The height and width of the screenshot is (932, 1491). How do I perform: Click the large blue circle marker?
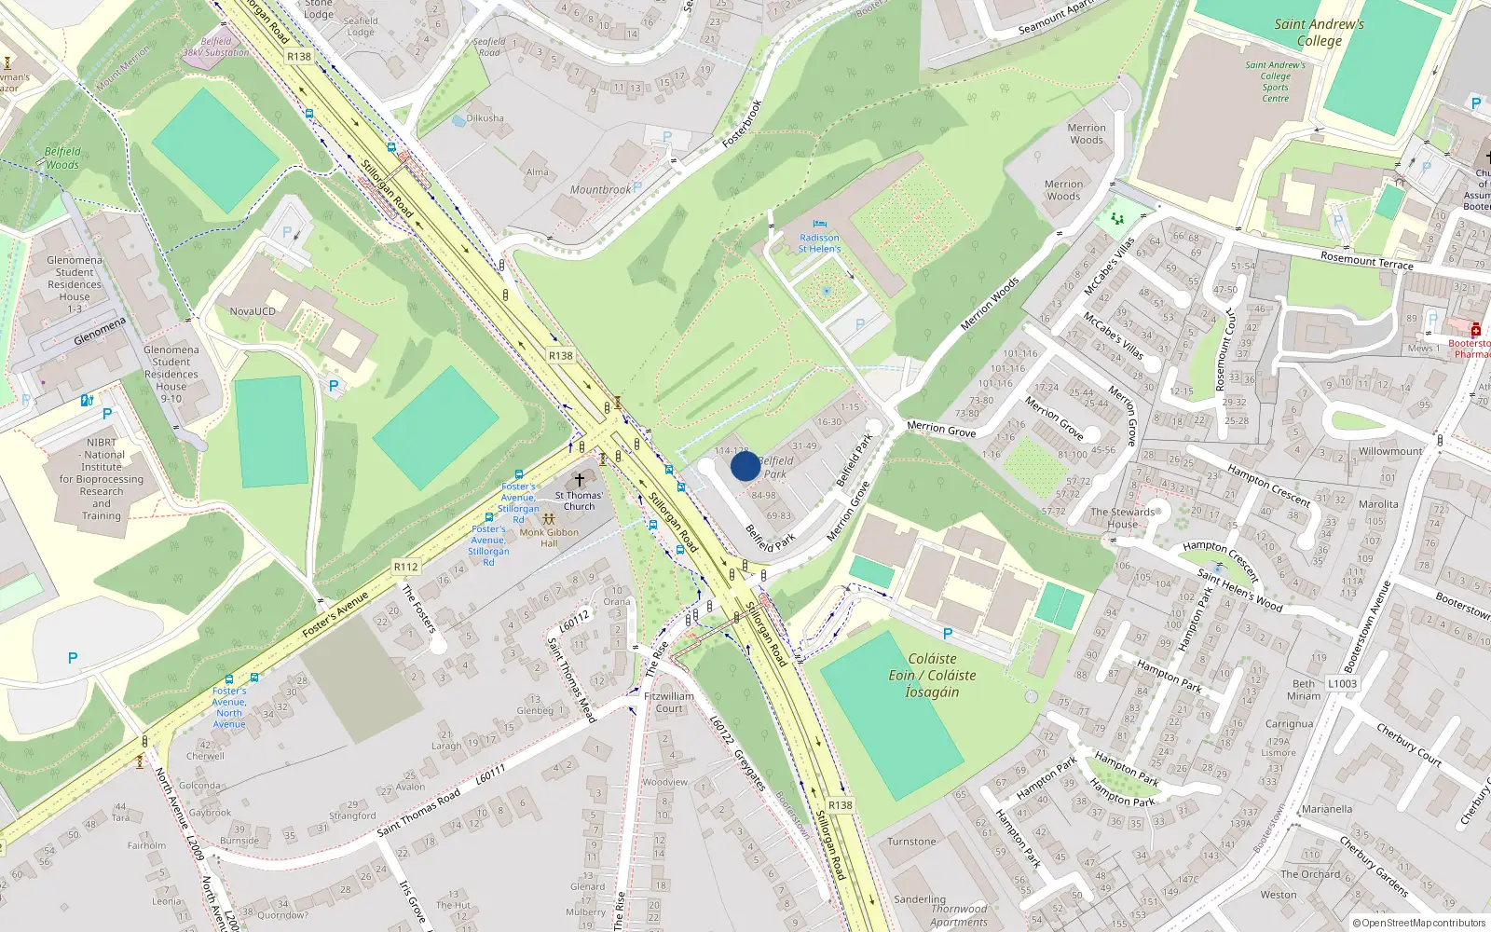pyautogui.click(x=745, y=466)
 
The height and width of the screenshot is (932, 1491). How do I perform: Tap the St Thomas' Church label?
pyautogui.click(x=579, y=501)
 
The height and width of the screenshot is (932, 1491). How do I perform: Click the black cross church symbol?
pyautogui.click(x=579, y=480)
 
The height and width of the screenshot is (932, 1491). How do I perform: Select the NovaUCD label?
pyautogui.click(x=253, y=311)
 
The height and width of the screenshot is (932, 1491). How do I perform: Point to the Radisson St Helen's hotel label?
pyautogui.click(x=819, y=243)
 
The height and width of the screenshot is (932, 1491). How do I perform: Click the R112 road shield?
pyautogui.click(x=406, y=567)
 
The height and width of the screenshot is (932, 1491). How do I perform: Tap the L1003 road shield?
pyautogui.click(x=1343, y=683)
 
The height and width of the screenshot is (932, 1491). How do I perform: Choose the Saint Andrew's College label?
pyautogui.click(x=1320, y=33)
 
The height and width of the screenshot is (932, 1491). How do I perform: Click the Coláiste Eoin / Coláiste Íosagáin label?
pyautogui.click(x=932, y=675)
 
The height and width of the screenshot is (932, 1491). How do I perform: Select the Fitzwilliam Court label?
pyautogui.click(x=669, y=702)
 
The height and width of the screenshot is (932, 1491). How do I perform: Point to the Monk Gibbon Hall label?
pyautogui.click(x=549, y=538)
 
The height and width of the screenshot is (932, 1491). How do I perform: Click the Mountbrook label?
pyautogui.click(x=600, y=190)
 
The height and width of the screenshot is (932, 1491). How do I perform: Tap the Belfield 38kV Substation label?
pyautogui.click(x=216, y=48)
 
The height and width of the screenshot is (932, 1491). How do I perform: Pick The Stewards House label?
pyautogui.click(x=1122, y=518)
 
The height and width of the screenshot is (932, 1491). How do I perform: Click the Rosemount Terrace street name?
pyautogui.click(x=1366, y=260)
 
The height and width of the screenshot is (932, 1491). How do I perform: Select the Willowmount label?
pyautogui.click(x=1390, y=451)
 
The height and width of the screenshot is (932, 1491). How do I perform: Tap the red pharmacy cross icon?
pyautogui.click(x=1476, y=330)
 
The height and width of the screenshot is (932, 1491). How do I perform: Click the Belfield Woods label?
pyautogui.click(x=62, y=158)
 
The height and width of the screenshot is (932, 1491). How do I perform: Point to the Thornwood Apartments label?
pyautogui.click(x=959, y=915)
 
